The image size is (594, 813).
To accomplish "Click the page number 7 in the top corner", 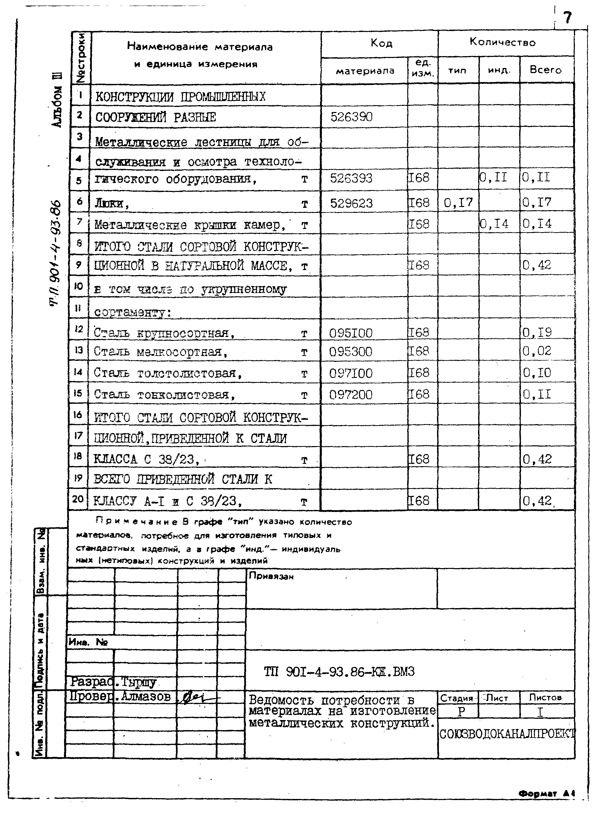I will coord(567,17).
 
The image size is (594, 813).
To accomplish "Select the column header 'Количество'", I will coord(502,42).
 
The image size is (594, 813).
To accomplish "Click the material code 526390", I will coord(351,117).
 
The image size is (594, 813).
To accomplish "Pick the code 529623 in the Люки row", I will coord(351,203).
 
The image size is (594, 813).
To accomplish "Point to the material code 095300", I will coord(350,351).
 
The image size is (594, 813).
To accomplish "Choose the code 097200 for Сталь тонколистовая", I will coord(350,395).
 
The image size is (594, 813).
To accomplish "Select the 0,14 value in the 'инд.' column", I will coord(495,224).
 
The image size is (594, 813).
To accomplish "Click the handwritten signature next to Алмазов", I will coord(198,698).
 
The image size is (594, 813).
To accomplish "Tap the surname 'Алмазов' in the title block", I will coord(146,697).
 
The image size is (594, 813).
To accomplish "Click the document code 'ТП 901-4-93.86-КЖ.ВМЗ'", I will coord(339,671).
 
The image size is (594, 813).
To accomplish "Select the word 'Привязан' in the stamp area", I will coord(271,576).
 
